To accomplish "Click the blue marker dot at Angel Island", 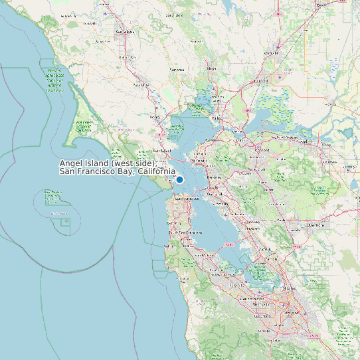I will (x=179, y=179).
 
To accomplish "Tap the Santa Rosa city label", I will (x=125, y=32).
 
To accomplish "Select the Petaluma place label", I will (x=141, y=85).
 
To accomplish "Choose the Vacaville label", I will (x=272, y=52).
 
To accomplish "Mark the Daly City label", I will (x=173, y=223).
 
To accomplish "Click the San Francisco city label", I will (x=187, y=199).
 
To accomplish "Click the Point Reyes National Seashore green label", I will (x=83, y=126).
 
